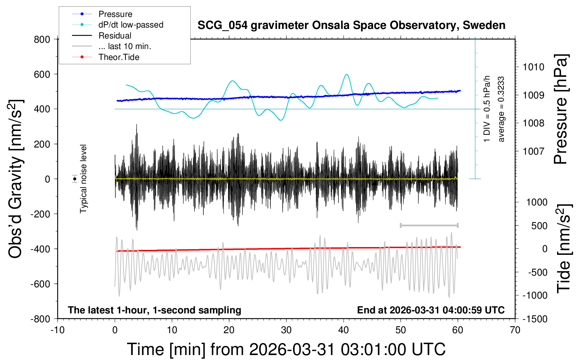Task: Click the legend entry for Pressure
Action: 102,14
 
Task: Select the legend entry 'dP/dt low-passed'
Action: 118,25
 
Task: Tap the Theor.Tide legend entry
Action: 106,57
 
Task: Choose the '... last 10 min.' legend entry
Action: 112,46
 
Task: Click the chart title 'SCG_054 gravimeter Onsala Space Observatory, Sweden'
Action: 351,25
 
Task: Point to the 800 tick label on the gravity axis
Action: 42,40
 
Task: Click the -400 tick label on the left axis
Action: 40,249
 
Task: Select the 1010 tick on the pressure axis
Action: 533,67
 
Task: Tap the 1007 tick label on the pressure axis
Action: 533,151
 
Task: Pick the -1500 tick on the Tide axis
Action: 535,319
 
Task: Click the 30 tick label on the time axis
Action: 286,330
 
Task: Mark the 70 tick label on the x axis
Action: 515,330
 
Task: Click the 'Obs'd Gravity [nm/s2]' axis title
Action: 15,179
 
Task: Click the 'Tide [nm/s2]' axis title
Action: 564,248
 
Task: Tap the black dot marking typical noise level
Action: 74,179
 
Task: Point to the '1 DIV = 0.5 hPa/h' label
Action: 486,109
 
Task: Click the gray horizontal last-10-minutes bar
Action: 429,226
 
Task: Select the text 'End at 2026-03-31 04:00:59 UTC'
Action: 431,310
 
